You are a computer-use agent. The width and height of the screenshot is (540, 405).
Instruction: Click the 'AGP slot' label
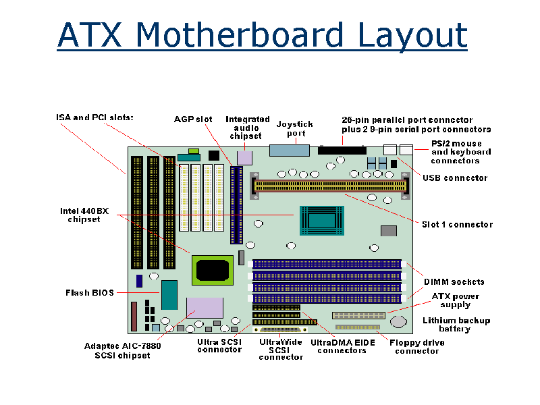pos(193,119)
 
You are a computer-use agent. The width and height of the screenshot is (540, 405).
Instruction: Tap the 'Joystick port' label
pos(295,128)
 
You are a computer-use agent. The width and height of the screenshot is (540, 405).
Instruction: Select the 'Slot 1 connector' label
pos(457,224)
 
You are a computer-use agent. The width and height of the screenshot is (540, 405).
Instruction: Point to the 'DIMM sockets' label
pos(454,281)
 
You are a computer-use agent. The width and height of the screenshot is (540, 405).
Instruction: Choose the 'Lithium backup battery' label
pos(456,325)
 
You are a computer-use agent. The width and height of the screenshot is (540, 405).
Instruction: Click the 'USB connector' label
pos(455,178)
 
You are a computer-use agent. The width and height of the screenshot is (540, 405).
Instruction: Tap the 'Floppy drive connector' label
pos(417,346)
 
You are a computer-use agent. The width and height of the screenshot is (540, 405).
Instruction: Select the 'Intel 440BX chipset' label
pos(84,215)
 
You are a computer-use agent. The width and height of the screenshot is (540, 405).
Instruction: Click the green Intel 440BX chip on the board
pos(213,270)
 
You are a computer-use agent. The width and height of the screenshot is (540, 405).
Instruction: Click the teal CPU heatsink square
pos(321,220)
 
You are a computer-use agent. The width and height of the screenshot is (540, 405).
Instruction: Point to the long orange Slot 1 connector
pos(331,184)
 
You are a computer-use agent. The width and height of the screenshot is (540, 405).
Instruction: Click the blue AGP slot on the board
pos(236,199)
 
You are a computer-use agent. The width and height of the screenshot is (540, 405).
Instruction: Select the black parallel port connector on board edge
pos(342,149)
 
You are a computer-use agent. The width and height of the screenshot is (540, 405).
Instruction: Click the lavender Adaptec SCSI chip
pos(205,308)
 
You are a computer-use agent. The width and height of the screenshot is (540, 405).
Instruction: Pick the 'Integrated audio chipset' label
pos(247,128)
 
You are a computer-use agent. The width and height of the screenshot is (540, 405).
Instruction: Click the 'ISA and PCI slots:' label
pos(94,117)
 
